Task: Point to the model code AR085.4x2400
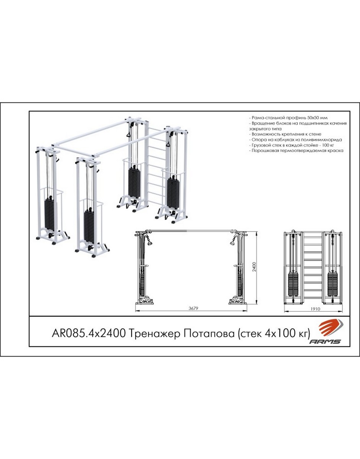[89, 334]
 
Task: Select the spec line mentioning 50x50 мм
[288, 118]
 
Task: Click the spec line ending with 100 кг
[292, 145]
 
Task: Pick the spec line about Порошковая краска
[296, 151]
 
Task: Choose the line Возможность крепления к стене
[285, 134]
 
